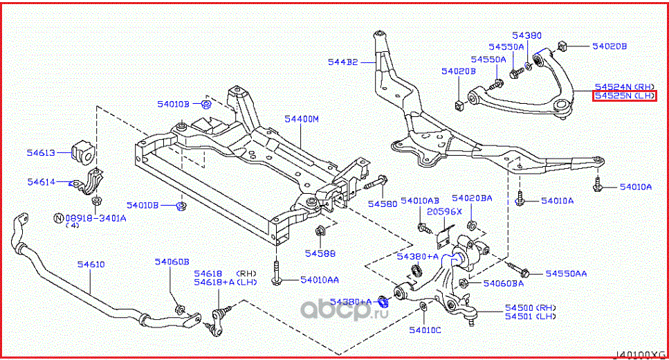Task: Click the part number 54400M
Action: point(301,119)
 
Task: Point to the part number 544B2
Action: point(343,62)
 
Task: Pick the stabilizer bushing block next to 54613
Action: point(82,154)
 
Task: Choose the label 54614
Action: point(42,182)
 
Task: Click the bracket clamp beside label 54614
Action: point(89,184)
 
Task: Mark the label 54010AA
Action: point(320,280)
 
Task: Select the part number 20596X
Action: point(441,211)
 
